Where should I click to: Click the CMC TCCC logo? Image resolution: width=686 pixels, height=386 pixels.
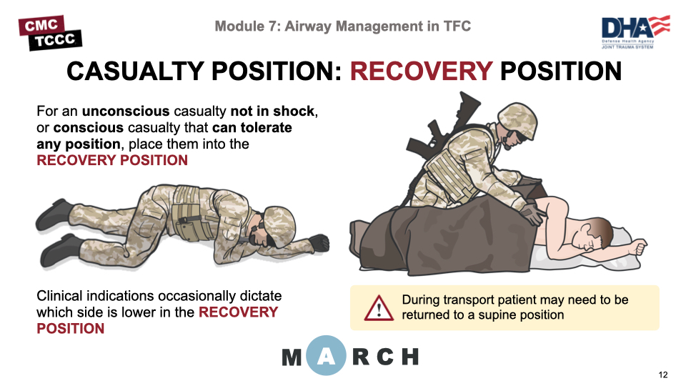[50, 33]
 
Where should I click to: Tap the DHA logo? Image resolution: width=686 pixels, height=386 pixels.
[636, 32]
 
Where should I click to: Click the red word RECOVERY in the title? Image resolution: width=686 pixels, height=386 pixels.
[422, 71]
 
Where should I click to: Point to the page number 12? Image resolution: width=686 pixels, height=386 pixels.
[663, 375]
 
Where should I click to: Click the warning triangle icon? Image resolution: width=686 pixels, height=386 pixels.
[379, 308]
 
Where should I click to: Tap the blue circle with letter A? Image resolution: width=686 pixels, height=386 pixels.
[326, 355]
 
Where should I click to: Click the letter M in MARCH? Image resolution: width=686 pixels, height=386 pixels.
[292, 357]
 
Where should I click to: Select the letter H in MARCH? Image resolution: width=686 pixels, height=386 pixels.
[410, 357]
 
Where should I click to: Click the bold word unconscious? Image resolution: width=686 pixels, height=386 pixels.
[126, 112]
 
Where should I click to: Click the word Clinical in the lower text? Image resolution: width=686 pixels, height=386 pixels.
[59, 296]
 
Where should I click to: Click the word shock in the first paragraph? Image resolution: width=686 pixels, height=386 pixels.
[294, 112]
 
